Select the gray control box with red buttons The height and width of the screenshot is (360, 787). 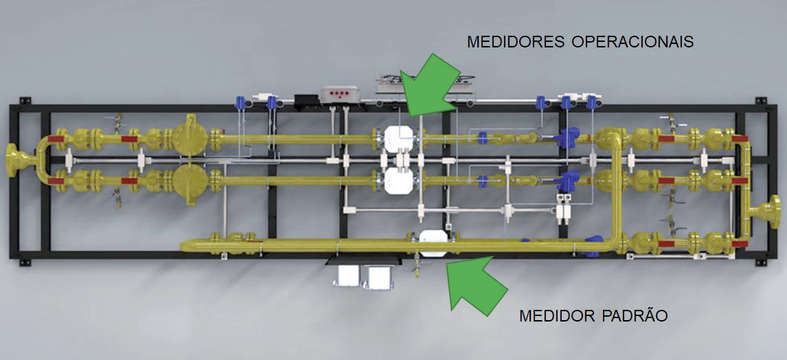pos(341,94)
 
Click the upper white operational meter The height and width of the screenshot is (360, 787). pos(398,139)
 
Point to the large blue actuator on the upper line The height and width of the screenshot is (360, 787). pos(567,137)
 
